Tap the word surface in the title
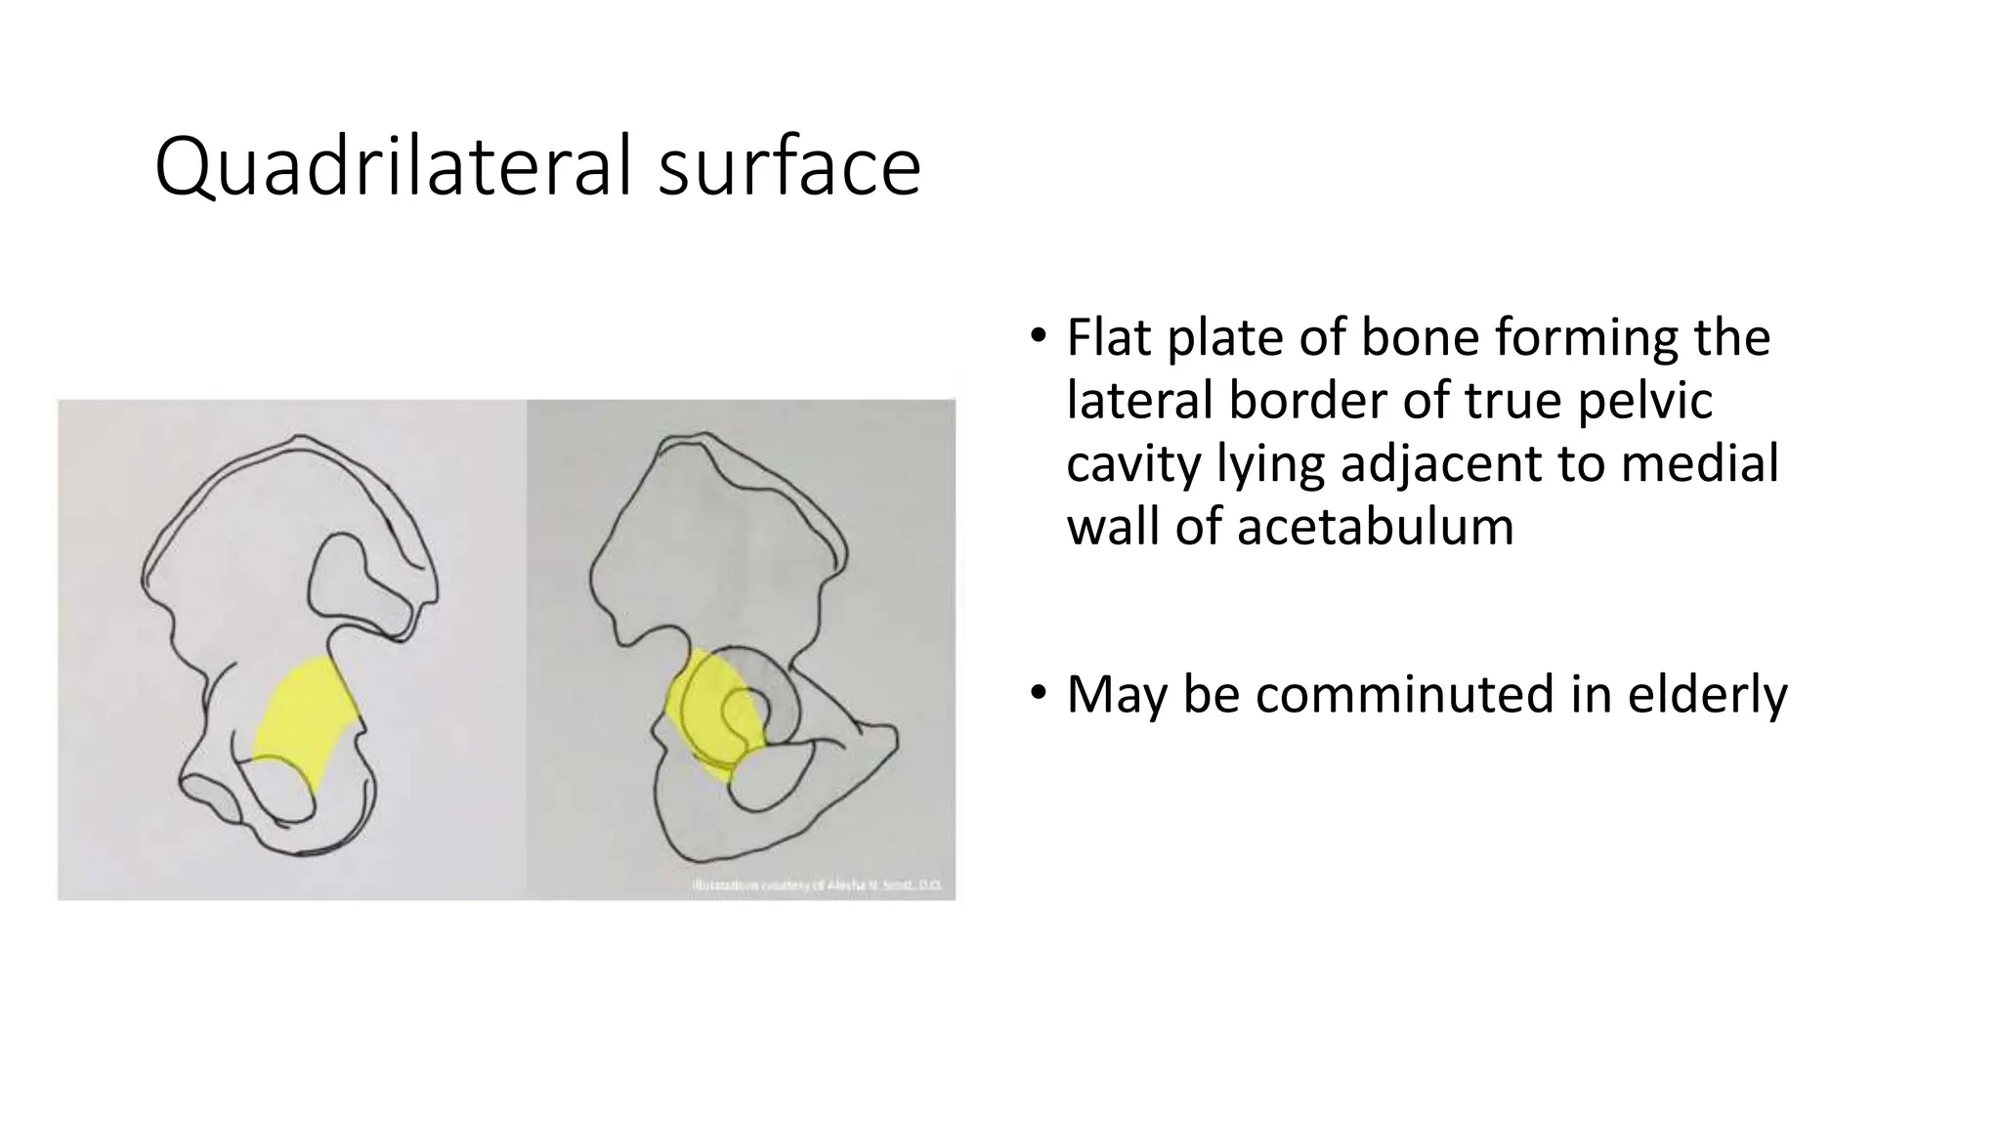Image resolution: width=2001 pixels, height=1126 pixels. tap(789, 168)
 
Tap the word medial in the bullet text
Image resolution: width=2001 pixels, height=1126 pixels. tap(1699, 463)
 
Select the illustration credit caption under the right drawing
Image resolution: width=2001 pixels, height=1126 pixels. tap(817, 886)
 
